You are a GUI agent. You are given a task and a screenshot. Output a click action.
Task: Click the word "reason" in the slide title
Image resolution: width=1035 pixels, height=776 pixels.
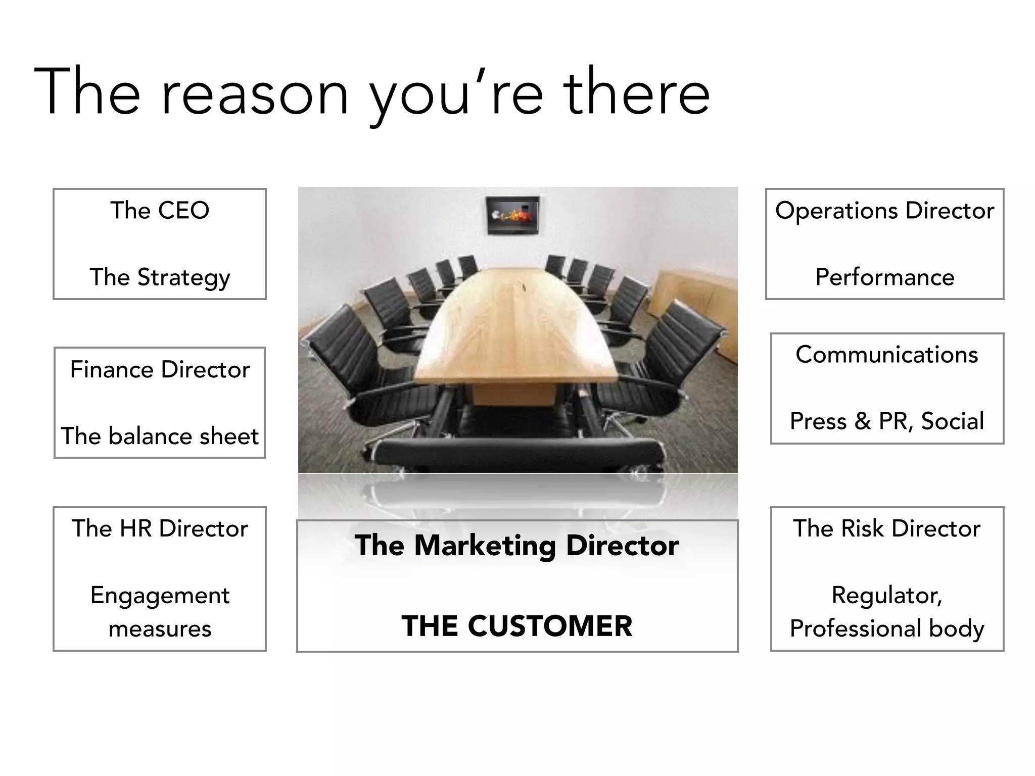(255, 94)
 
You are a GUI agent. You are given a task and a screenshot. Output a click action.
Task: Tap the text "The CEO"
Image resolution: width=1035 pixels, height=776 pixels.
(160, 210)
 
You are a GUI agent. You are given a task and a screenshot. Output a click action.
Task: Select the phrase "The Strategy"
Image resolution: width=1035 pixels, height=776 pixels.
(160, 277)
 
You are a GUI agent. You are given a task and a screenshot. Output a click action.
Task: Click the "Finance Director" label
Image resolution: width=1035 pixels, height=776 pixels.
(160, 369)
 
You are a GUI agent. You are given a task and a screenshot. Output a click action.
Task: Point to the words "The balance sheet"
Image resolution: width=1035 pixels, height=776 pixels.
(160, 436)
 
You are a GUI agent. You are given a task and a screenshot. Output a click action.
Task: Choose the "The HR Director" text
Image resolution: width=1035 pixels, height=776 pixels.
(160, 528)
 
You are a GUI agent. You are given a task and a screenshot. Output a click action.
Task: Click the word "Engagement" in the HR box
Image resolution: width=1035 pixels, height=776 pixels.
(160, 595)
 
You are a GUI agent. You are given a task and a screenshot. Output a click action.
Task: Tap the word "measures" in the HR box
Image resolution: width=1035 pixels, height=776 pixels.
(160, 629)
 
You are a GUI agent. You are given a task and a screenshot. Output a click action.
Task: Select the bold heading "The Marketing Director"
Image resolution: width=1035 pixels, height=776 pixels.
(517, 546)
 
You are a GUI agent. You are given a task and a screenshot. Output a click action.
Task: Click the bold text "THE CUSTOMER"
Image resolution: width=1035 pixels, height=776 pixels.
(517, 626)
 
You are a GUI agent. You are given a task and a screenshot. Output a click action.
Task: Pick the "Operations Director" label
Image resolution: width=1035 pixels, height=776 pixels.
(884, 211)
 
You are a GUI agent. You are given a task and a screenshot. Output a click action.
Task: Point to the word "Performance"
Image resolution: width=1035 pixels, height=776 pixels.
(884, 277)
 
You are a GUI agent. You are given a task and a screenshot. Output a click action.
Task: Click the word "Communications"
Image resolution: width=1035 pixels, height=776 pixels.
(887, 355)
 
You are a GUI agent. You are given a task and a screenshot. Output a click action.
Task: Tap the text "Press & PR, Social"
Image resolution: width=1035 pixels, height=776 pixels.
(887, 421)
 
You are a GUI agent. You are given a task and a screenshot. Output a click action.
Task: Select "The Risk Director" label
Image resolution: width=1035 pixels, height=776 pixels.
(887, 528)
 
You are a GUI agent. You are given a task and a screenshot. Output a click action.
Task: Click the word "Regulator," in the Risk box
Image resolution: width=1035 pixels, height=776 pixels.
(887, 595)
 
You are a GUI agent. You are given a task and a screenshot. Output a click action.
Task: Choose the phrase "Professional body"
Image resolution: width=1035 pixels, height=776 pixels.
(887, 629)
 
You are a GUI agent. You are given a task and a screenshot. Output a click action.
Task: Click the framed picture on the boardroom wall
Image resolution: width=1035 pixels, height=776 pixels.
(512, 215)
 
